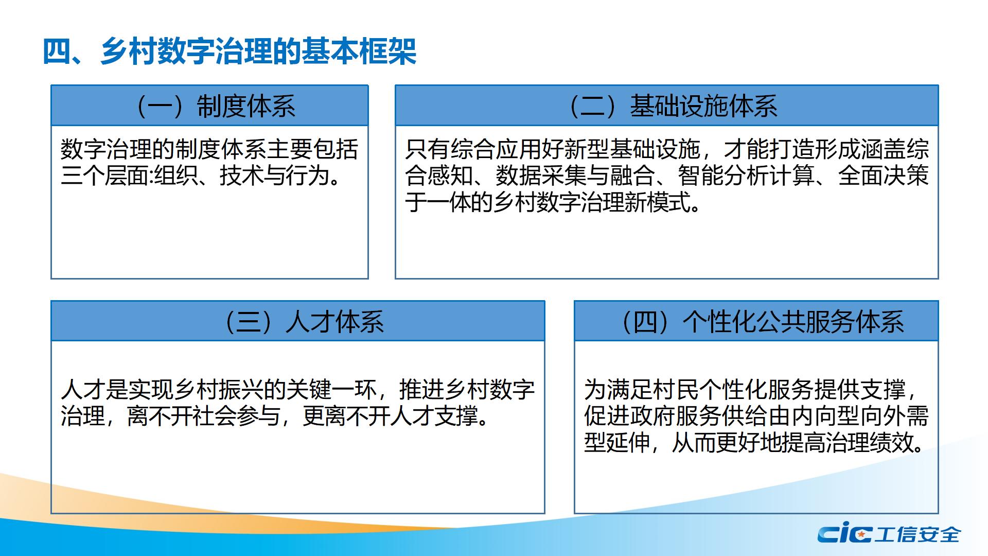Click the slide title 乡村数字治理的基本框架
click(258, 51)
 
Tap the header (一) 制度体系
click(215, 106)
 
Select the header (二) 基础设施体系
click(672, 106)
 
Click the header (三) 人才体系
click(303, 322)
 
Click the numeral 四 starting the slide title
click(57, 51)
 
